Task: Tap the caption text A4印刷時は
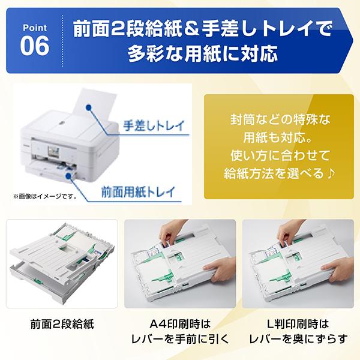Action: (181, 320)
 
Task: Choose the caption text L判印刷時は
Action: (298, 320)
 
